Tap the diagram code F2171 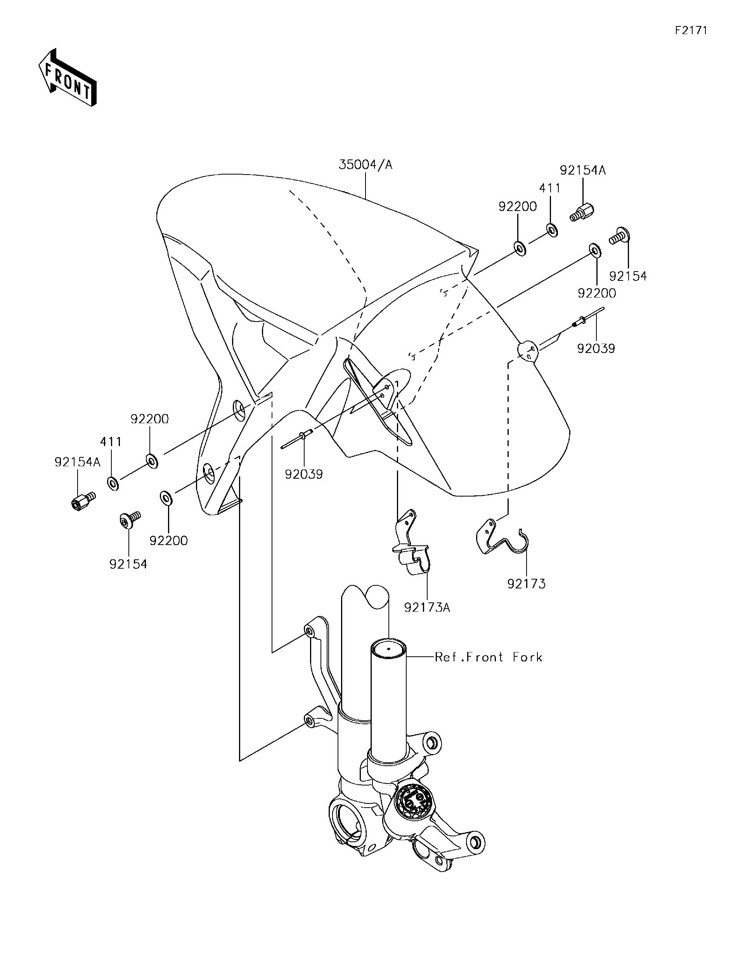(x=691, y=30)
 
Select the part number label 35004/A (x=365, y=165)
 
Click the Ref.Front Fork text (x=489, y=657)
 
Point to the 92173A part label (x=427, y=607)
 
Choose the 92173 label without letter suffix (x=526, y=584)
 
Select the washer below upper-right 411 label (x=551, y=230)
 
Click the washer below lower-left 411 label (x=113, y=483)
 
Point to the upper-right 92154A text (x=582, y=170)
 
